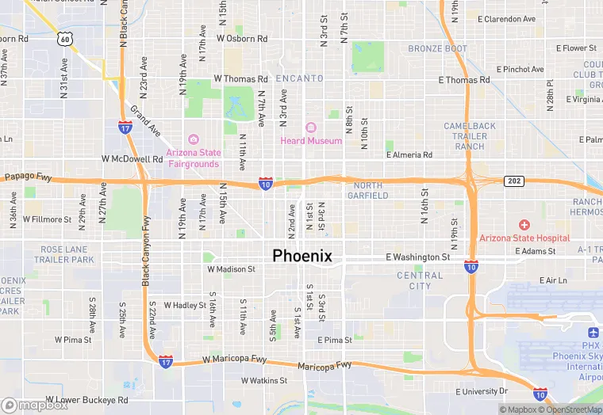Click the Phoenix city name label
301,256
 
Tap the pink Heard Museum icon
310,128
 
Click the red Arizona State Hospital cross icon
524,225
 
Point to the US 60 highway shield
64,37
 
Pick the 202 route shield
513,181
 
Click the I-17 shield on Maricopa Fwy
165,362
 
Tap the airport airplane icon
593,333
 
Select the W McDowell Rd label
132,158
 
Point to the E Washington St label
417,257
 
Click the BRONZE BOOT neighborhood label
438,49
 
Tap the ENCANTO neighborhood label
299,78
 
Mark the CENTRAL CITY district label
420,280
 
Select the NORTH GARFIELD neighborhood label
364,190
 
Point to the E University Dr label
482,391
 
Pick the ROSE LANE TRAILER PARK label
67,254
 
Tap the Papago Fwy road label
28,177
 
